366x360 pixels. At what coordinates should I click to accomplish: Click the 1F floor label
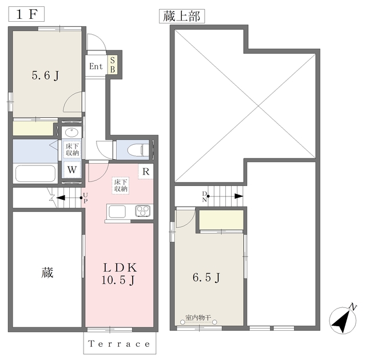(26, 14)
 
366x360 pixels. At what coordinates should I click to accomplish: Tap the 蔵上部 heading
(182, 17)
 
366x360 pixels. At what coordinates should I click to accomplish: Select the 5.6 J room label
(45, 76)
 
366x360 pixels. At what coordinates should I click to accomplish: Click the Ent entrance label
(96, 66)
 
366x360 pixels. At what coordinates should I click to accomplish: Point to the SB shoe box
(113, 65)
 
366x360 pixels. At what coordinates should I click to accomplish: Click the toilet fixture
(138, 149)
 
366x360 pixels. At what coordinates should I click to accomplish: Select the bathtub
(35, 173)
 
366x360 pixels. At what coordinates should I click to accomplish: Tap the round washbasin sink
(72, 133)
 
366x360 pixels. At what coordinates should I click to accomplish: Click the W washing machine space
(71, 169)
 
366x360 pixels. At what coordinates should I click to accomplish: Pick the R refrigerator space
(146, 172)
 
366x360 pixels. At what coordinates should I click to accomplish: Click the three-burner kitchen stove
(142, 211)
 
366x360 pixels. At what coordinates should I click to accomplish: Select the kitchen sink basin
(117, 211)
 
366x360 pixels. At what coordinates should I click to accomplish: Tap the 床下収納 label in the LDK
(121, 185)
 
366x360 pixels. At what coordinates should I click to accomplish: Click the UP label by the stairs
(85, 198)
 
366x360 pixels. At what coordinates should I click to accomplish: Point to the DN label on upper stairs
(205, 197)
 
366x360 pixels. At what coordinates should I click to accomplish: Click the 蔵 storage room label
(47, 272)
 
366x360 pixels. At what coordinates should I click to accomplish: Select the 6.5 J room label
(206, 278)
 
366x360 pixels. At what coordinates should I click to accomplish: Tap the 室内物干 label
(198, 318)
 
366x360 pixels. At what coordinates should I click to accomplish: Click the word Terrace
(119, 344)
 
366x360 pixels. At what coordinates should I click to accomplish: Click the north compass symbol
(343, 320)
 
